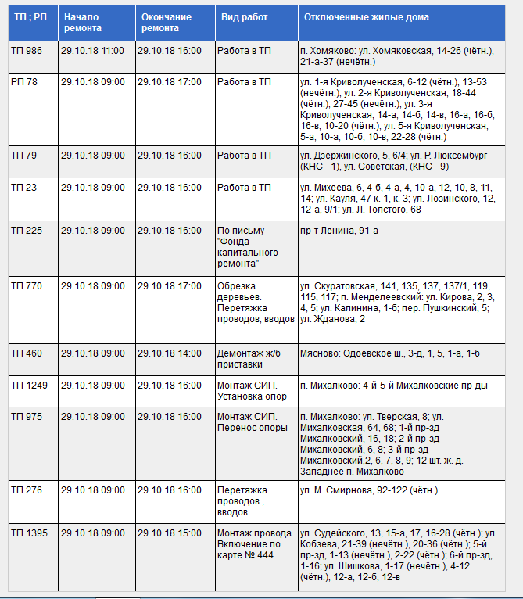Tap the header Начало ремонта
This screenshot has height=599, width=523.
click(83, 22)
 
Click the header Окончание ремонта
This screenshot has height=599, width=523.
click(161, 22)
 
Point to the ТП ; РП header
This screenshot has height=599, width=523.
click(29, 16)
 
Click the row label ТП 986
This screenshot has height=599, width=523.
click(27, 50)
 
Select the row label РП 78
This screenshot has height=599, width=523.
click(24, 81)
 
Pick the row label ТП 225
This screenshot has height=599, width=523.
click(27, 231)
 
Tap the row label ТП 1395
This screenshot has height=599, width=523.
click(30, 533)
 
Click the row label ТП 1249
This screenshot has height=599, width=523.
click(30, 386)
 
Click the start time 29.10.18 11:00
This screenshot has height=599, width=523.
click(92, 50)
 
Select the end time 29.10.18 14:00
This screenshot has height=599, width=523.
click(169, 353)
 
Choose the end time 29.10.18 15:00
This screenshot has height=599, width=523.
click(169, 533)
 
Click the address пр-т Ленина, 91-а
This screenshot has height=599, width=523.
click(339, 231)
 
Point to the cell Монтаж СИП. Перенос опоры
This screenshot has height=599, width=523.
click(252, 422)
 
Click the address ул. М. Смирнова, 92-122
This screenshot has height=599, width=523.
click(369, 490)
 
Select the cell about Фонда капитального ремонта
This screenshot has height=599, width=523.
click(244, 247)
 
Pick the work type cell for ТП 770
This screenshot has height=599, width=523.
click(255, 302)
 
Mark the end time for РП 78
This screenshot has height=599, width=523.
click(169, 81)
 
